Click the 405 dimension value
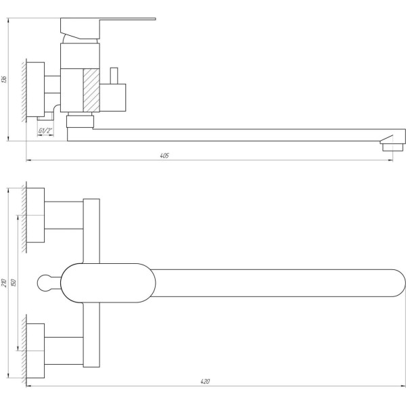pos(164,156)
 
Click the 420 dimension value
pos(204,382)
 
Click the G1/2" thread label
pos(46,131)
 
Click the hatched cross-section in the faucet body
pos(91,89)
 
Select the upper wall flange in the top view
pos(36,216)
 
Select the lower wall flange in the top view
pos(36,348)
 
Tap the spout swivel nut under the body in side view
pos(80,121)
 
